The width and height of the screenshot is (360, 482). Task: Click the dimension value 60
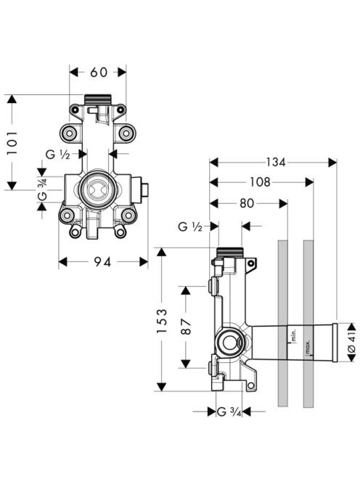pyautogui.click(x=99, y=73)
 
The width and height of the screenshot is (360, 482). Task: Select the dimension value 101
pyautogui.click(x=12, y=142)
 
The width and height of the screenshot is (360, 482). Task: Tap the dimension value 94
pyautogui.click(x=102, y=262)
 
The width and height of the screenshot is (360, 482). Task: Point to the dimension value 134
pyautogui.click(x=276, y=162)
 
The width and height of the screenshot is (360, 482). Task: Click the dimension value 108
pyautogui.click(x=260, y=182)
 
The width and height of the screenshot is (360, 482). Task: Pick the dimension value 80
pyautogui.click(x=247, y=203)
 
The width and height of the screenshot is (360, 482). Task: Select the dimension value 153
pyautogui.click(x=162, y=321)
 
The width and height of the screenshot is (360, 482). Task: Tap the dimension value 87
pyautogui.click(x=185, y=327)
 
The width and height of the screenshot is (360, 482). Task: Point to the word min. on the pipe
pyautogui.click(x=293, y=335)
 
